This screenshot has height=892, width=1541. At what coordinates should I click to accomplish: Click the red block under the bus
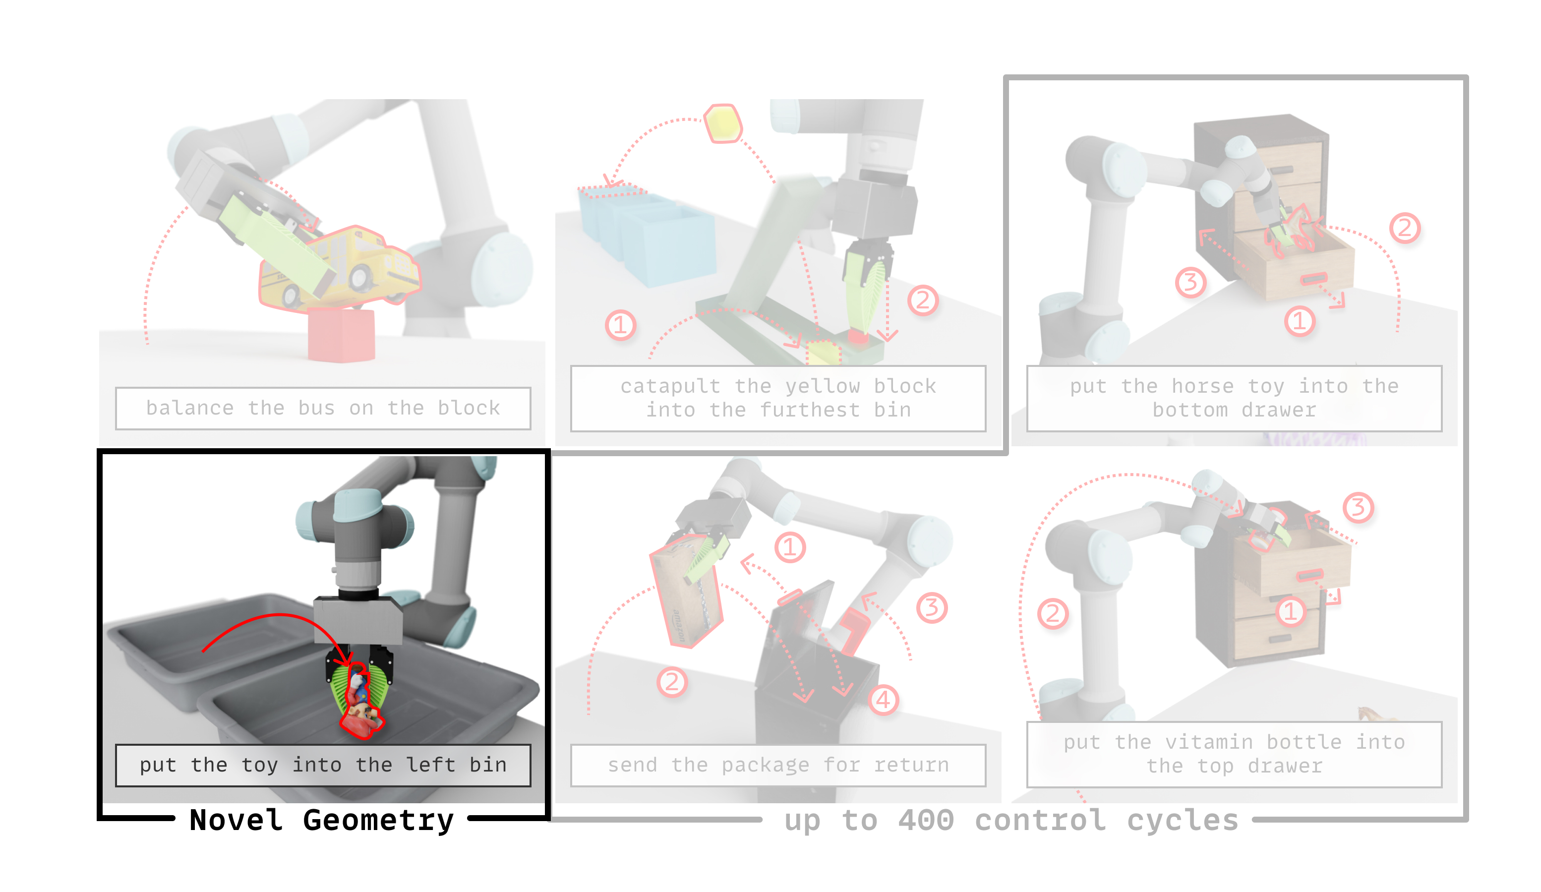pyautogui.click(x=341, y=335)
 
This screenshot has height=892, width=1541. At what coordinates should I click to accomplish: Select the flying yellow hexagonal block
pyautogui.click(x=723, y=123)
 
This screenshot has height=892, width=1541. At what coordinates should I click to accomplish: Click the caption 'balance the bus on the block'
pyautogui.click(x=323, y=408)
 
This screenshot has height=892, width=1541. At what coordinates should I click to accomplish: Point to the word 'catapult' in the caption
pyautogui.click(x=670, y=386)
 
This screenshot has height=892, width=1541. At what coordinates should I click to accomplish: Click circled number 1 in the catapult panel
pyautogui.click(x=620, y=325)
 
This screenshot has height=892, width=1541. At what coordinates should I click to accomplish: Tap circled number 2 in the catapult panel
pyautogui.click(x=922, y=300)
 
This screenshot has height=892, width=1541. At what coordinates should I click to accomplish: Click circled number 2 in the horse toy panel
pyautogui.click(x=1405, y=228)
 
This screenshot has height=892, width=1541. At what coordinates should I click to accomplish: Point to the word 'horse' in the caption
pyautogui.click(x=1202, y=386)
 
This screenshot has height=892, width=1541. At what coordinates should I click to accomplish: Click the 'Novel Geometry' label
pyautogui.click(x=322, y=820)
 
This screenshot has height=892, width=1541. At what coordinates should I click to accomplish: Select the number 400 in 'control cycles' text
pyautogui.click(x=926, y=820)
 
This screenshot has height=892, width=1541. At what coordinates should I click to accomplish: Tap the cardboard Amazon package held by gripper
pyautogui.click(x=686, y=590)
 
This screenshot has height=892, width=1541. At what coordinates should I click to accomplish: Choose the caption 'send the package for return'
pyautogui.click(x=778, y=765)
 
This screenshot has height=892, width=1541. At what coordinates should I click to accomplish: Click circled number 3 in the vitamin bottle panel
pyautogui.click(x=1358, y=507)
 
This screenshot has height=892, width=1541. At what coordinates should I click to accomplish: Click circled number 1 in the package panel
pyautogui.click(x=789, y=547)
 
